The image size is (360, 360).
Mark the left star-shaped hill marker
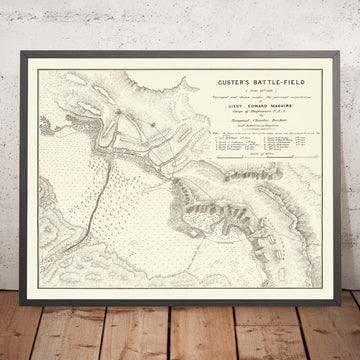pyautogui.click(x=117, y=112)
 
